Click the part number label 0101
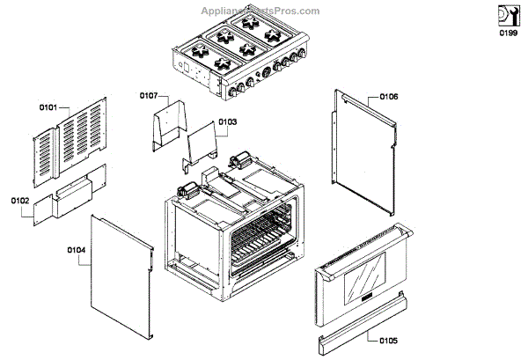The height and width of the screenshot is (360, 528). coord(48,107)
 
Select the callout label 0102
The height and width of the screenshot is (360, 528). coord(19,201)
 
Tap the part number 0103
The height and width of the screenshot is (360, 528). coord(226,122)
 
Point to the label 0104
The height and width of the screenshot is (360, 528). coord(76,249)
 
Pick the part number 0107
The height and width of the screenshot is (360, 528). coord(148,94)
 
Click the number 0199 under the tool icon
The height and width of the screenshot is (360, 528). coord(508,33)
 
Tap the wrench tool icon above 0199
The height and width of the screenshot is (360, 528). coord(508,15)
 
